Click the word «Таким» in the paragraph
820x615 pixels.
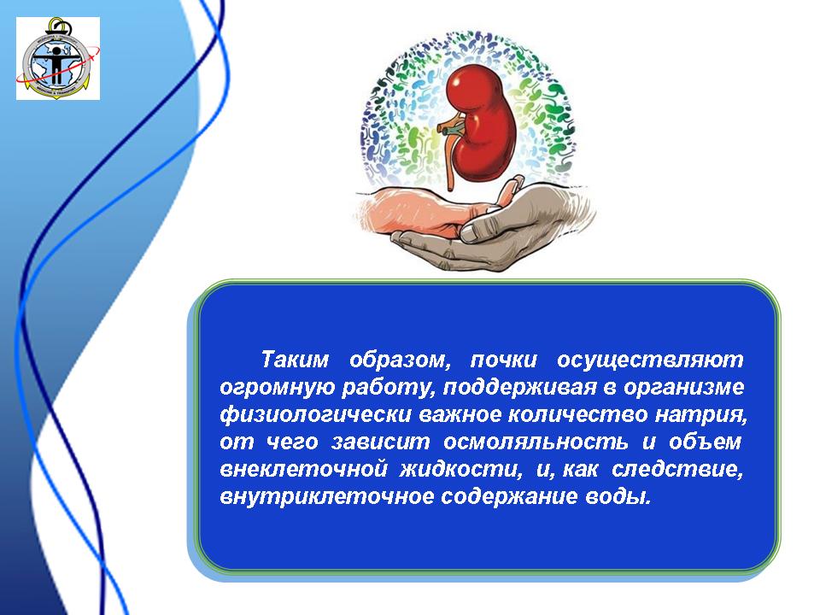[296, 360]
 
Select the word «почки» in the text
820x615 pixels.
[504, 360]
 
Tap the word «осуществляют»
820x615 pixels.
[650, 360]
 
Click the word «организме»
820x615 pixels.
[684, 388]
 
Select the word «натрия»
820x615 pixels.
[702, 415]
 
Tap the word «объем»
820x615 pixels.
[705, 442]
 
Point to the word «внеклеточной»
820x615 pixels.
[303, 469]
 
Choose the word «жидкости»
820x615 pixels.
[461, 469]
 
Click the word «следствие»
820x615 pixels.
[677, 469]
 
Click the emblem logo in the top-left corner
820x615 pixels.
[58, 58]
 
